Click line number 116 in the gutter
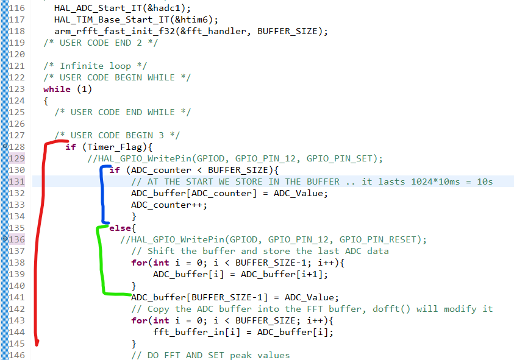17,8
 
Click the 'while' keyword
57,89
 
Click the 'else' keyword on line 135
118,228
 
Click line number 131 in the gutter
17,182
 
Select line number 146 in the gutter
17,355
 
